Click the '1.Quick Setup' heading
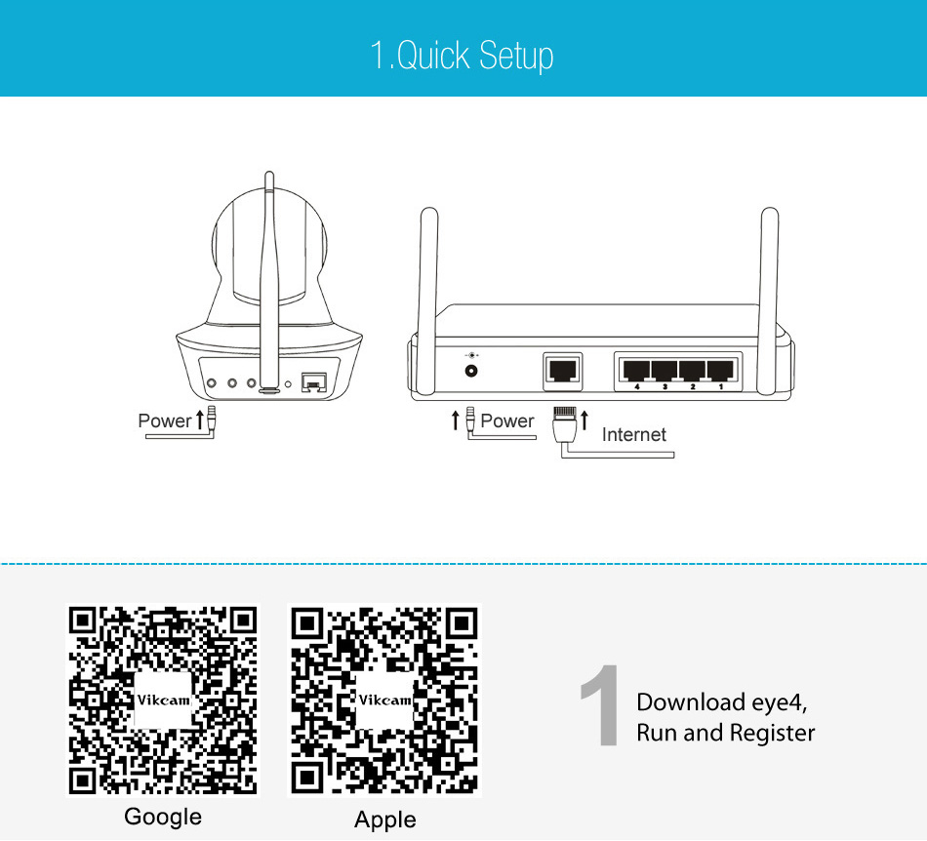point(462,56)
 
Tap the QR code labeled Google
point(163,700)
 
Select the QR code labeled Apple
point(384,700)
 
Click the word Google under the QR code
point(163,818)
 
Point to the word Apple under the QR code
point(384,821)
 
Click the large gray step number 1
point(600,705)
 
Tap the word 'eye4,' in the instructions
point(780,703)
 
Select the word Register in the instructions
point(772,734)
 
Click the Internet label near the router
point(633,435)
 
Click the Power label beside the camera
point(164,420)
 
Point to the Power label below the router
point(506,420)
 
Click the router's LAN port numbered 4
point(636,371)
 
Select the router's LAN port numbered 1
point(721,371)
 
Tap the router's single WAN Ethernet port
point(563,371)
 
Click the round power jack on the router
point(471,371)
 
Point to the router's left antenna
point(428,301)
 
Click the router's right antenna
point(769,300)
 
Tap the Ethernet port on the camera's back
point(314,382)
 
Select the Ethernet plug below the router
point(565,423)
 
